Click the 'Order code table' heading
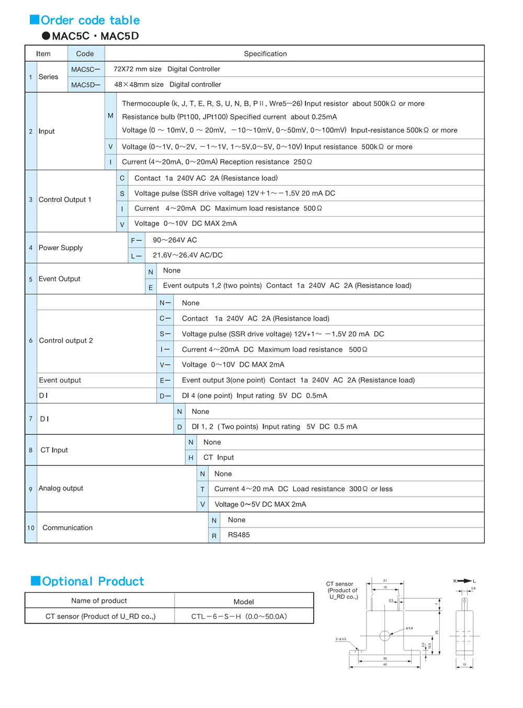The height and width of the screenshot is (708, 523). pos(90,20)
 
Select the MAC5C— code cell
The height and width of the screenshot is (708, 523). pos(86,69)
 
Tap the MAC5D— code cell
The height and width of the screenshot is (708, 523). pos(86,85)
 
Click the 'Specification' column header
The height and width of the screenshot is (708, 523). pos(265,53)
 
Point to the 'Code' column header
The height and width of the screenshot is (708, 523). pos(85,53)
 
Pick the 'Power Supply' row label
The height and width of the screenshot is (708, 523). pos(61,248)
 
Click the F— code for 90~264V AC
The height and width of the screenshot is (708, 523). pos(136,240)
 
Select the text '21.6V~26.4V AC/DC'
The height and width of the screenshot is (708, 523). pos(188,255)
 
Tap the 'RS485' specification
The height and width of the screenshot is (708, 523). pos(239,535)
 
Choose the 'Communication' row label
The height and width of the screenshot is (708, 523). pos(67,527)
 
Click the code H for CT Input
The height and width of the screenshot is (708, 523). pos(191,457)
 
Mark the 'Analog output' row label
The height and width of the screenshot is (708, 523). pos(61,488)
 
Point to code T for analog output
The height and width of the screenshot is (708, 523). pos(202,489)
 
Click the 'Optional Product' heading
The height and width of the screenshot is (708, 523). pos(93,581)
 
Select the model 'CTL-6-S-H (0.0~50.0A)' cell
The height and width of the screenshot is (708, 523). pos(239,616)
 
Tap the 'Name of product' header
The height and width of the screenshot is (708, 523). pos(99,601)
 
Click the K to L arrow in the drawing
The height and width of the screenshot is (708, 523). pos(464,581)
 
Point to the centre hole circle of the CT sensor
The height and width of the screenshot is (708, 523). pos(384,636)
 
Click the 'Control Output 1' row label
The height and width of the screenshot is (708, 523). pos(65,199)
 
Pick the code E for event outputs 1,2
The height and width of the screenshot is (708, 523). pos(151,287)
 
